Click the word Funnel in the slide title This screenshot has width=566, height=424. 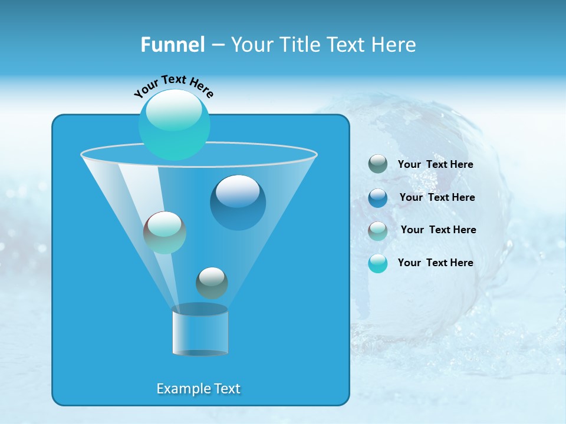172,45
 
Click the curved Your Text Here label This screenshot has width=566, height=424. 174,86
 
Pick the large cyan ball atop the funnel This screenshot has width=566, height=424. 175,124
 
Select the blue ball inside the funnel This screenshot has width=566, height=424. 238,202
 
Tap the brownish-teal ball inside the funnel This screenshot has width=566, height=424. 164,233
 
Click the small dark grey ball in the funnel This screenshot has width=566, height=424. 212,283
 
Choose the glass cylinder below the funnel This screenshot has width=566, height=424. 200,331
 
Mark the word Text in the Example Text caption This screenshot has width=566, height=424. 227,389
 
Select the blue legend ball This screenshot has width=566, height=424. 378,198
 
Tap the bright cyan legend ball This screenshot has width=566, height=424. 378,263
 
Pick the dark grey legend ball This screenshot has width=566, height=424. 378,164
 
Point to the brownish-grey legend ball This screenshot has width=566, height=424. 378,231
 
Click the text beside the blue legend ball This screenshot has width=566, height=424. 437,197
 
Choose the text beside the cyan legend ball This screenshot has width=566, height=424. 436,263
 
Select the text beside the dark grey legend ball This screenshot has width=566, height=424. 436,165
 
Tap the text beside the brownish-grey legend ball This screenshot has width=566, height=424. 438,230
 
